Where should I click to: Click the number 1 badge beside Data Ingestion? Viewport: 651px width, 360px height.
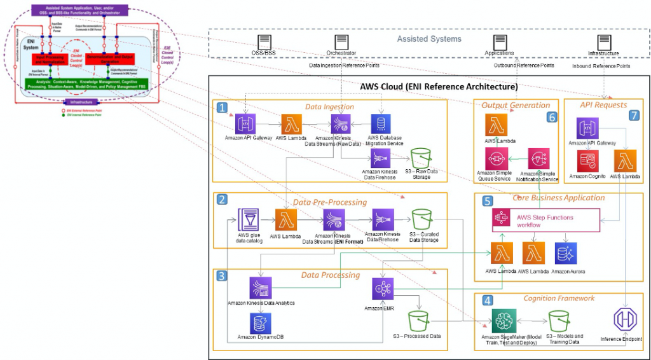222,109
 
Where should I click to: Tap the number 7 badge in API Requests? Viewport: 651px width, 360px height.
634,116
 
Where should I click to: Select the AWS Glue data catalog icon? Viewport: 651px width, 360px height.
247,219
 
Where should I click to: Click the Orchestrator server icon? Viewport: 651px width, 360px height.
341,42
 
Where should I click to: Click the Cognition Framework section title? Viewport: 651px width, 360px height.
558,298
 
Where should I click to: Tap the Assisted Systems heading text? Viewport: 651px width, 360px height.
429,39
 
